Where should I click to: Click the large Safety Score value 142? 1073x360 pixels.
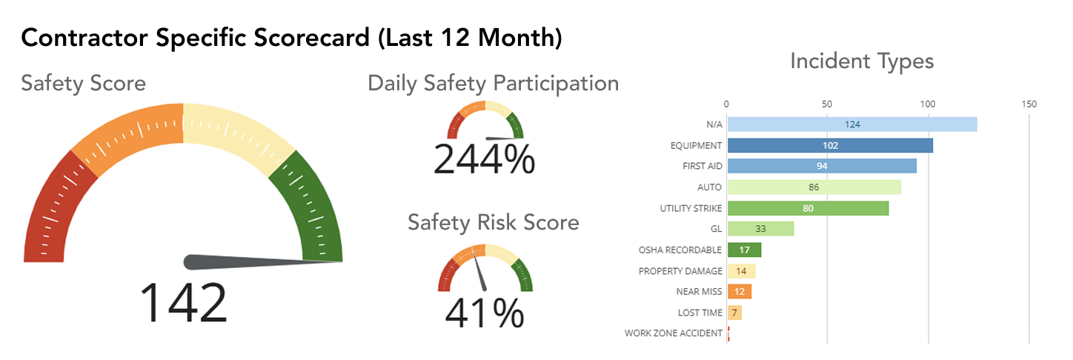coord(183,302)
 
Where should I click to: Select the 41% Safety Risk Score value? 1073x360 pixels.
coord(484,313)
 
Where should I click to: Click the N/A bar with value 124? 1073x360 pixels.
coord(852,124)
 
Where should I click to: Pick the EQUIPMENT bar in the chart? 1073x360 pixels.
coord(830,145)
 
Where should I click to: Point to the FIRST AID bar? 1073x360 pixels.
coord(822,166)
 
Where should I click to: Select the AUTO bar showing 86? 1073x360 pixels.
coord(814,187)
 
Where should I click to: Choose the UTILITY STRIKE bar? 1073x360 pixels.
coord(808,208)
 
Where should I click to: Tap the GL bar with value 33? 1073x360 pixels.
coord(760,229)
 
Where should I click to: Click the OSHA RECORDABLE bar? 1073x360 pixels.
coord(744,250)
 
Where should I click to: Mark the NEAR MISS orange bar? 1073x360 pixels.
coord(739,292)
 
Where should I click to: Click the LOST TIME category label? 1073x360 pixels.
coord(700,313)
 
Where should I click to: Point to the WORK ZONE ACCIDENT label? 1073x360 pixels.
coord(673,333)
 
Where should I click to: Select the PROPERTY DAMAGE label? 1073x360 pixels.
coord(680,271)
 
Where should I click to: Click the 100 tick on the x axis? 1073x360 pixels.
coord(928,104)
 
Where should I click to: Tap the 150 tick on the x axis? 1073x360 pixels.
coord(1029,104)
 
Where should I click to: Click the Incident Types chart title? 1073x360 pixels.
coord(862,61)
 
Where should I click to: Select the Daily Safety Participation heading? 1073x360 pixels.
coord(493,83)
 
